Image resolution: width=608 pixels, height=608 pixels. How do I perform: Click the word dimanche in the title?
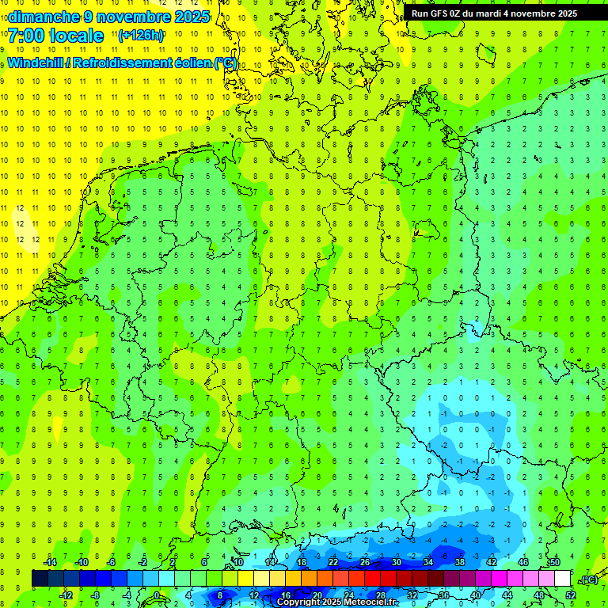[43, 17]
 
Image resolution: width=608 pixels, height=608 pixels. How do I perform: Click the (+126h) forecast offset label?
[140, 36]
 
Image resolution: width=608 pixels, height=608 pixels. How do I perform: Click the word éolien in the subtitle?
[189, 63]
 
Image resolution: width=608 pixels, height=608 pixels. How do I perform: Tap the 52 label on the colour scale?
[570, 595]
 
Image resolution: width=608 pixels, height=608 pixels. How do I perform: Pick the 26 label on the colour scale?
[365, 562]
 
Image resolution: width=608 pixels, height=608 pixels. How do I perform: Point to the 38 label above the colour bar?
[460, 562]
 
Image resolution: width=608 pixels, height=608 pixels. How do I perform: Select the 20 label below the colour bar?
[317, 595]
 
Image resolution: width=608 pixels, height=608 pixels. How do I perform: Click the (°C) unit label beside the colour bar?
[588, 579]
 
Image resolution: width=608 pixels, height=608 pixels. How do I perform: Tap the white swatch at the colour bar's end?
[563, 579]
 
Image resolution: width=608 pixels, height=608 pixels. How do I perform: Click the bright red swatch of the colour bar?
[373, 579]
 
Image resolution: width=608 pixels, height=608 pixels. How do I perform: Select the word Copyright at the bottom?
[298, 602]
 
